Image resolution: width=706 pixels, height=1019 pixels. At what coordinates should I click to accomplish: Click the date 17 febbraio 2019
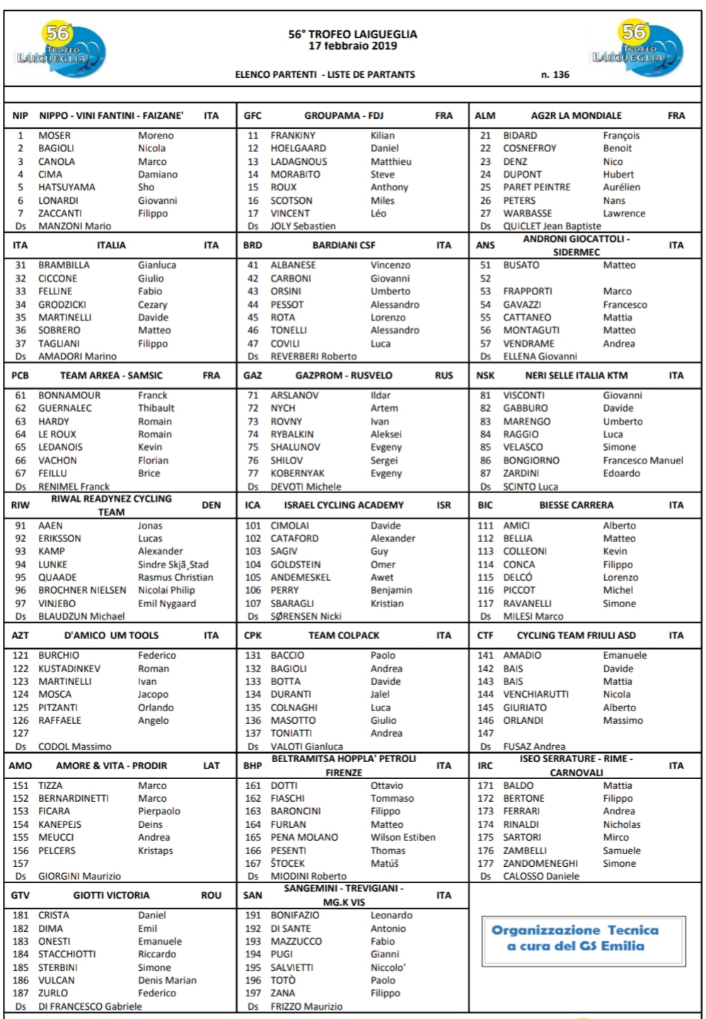click(352, 46)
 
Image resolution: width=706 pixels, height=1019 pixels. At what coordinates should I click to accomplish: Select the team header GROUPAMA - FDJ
click(344, 115)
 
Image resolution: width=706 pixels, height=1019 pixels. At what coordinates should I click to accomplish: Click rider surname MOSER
click(54, 135)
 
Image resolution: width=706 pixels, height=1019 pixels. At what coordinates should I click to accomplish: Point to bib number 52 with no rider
click(485, 278)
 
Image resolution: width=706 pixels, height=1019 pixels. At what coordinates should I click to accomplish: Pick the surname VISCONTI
click(523, 395)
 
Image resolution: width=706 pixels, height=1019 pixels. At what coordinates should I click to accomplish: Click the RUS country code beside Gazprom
click(444, 375)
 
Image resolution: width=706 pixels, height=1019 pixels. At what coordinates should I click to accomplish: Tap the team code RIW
click(21, 505)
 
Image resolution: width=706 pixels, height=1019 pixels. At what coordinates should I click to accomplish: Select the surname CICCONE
click(57, 278)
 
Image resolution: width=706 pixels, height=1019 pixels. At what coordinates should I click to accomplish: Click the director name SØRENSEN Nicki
click(306, 616)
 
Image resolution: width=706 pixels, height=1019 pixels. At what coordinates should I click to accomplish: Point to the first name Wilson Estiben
click(403, 837)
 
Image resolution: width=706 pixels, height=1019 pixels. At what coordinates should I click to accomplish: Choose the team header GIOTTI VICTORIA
click(111, 895)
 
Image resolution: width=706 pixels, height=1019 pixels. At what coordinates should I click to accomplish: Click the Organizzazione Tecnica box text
click(575, 938)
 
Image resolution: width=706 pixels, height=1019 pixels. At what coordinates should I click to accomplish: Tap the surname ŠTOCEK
click(287, 863)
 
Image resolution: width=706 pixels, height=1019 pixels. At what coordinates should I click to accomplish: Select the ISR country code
click(444, 505)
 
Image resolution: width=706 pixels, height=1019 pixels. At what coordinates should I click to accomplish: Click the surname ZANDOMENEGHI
click(540, 863)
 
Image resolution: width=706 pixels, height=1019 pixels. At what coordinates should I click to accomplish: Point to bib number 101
click(253, 526)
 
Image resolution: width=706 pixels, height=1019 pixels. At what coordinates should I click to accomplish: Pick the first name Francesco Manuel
click(643, 460)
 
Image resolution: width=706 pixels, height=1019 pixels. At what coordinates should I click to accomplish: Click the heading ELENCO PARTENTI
click(275, 74)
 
